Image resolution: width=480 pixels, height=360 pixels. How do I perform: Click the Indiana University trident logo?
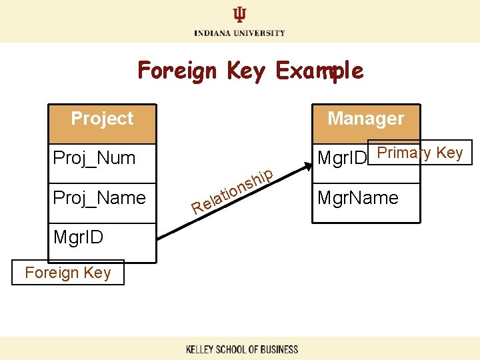click(x=239, y=15)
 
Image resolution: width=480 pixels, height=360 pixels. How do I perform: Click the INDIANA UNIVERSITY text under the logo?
click(x=239, y=33)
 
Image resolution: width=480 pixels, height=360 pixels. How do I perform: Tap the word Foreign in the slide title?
click(x=177, y=70)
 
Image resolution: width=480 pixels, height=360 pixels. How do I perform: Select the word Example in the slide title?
click(x=320, y=70)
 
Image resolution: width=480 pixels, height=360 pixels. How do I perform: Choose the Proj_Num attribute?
click(x=94, y=158)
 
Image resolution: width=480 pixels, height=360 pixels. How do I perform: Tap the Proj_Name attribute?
click(x=99, y=197)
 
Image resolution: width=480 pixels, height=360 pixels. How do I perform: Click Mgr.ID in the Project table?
click(x=78, y=237)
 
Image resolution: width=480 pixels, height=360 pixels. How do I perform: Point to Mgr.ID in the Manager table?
click(x=343, y=158)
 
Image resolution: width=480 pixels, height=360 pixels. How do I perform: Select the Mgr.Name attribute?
click(x=358, y=197)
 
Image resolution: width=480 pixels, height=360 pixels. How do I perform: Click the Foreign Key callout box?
click(x=67, y=272)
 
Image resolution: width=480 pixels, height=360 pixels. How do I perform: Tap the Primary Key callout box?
click(x=420, y=153)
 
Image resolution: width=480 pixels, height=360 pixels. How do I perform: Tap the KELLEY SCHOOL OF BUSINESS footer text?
click(x=241, y=349)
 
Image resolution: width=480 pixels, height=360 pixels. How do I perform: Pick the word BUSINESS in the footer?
click(x=277, y=349)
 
